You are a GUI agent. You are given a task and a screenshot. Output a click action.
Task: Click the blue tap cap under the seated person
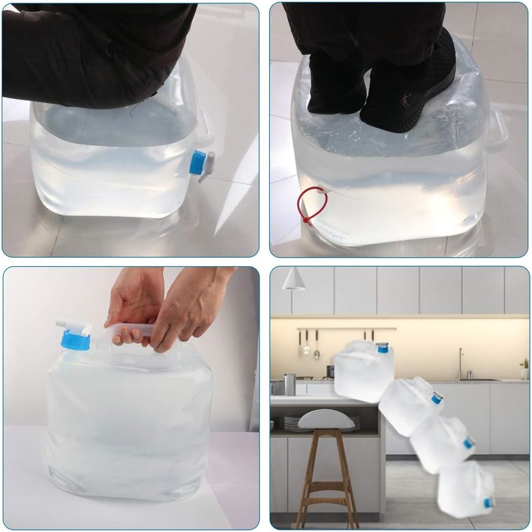[197, 162]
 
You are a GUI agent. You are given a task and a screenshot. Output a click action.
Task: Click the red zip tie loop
[313, 206]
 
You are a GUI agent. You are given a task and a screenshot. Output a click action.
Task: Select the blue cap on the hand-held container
[75, 339]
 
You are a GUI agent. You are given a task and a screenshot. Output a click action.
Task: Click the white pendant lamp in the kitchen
[294, 279]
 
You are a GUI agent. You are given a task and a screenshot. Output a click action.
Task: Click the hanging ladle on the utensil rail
[317, 345]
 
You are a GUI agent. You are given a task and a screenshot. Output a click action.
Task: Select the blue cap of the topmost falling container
[382, 348]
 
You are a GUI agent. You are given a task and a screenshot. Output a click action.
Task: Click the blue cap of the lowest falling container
[488, 502]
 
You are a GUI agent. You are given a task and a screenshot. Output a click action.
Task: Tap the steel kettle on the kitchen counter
[290, 384]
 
